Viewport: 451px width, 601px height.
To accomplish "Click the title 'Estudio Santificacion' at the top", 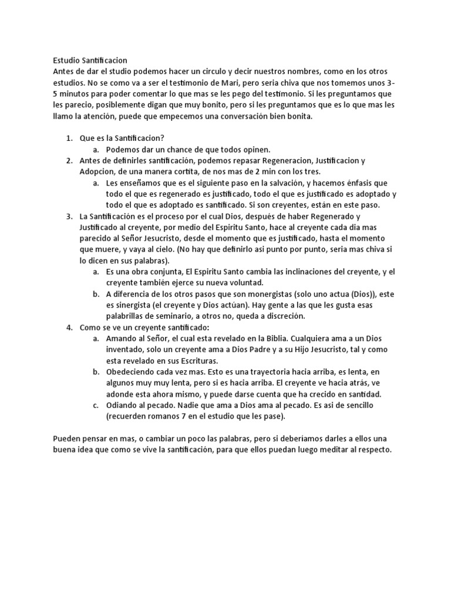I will coord(89,60).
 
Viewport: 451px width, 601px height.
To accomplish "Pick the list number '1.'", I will coord(69,139).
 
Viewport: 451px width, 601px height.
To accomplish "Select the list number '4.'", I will coord(69,327).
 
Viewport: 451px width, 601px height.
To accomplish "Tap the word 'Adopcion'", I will coord(97,172).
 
